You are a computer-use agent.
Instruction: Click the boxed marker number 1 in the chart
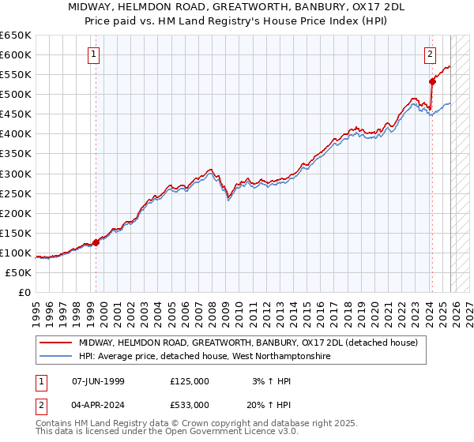pos(94,54)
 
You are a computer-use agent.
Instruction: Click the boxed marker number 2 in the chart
pos(430,54)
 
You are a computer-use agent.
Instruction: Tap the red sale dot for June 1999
pos(96,242)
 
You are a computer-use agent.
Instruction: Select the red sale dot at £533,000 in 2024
pos(432,81)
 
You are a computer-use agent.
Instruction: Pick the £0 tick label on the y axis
pos(24,292)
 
